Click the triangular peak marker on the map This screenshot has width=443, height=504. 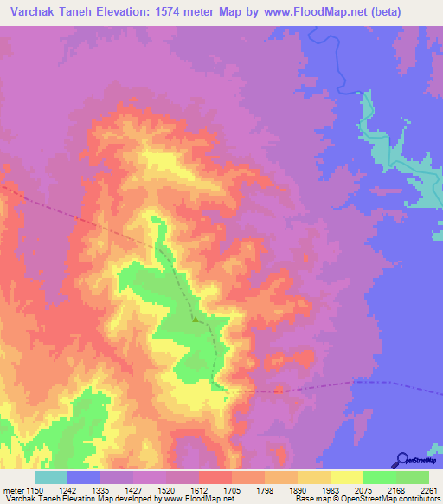tap(196, 319)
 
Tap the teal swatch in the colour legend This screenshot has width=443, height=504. tap(50, 477)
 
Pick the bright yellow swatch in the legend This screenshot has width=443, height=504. tap(346, 477)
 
